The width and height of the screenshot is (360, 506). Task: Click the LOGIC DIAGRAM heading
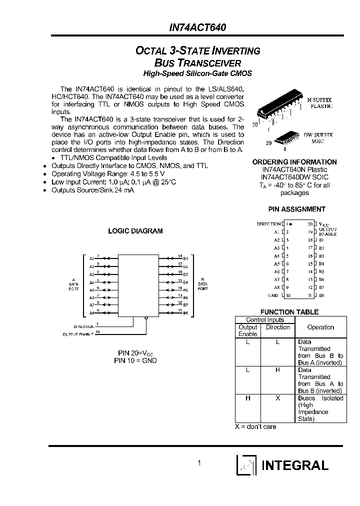coord(135,231)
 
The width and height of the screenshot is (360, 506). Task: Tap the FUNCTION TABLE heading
coord(289,312)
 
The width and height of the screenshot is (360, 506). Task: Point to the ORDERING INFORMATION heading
coord(294,162)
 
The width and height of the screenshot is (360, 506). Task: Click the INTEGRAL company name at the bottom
coord(295,465)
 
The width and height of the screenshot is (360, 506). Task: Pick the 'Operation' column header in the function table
coord(320,327)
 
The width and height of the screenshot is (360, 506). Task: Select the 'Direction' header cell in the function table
coord(277,327)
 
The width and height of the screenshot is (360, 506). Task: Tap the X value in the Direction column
coord(277,398)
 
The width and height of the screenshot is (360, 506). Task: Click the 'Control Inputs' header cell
coord(264,320)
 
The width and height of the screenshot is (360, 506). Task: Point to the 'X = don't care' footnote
coord(255,426)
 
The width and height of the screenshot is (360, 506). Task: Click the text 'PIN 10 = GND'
coord(135,360)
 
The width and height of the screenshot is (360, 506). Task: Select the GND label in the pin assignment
coord(273,295)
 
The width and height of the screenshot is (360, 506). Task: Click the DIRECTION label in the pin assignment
coord(268,224)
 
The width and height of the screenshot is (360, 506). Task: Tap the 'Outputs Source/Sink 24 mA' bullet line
coord(92,190)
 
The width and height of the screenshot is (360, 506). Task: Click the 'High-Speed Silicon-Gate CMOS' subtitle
coord(197,73)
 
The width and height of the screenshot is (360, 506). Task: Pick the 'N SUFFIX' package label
coord(318,100)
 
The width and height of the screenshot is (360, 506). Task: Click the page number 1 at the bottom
coord(199,463)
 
